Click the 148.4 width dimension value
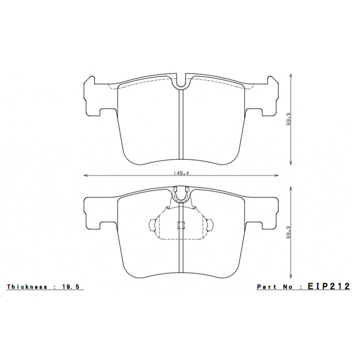(x=179, y=173)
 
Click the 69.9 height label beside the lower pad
(x=289, y=233)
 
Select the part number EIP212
(x=329, y=287)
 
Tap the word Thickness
(x=27, y=287)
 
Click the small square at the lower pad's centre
(x=181, y=226)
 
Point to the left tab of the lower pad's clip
(x=152, y=225)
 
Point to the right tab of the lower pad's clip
(x=210, y=225)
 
